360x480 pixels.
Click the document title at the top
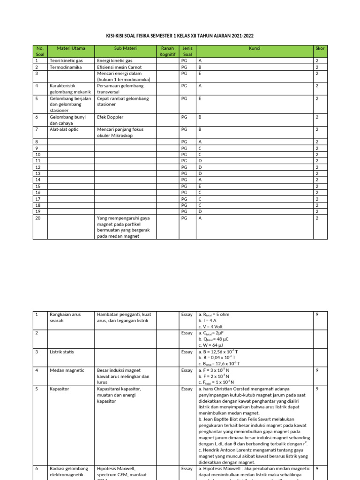tap(180, 36)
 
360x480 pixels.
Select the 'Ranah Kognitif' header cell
tap(167, 52)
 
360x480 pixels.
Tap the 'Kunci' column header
tap(255, 48)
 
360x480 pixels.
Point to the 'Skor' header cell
tap(320, 48)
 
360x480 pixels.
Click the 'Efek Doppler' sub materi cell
tap(110, 117)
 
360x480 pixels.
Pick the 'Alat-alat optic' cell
tap(65, 129)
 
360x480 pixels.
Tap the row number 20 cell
tap(38, 217)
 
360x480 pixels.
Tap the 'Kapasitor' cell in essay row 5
tap(60, 389)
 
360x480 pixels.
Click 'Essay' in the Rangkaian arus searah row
tap(187, 315)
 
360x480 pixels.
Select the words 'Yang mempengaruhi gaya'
tap(123, 217)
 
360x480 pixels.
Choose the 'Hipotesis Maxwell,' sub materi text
tap(116, 469)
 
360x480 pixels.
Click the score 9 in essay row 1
tap(317, 315)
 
